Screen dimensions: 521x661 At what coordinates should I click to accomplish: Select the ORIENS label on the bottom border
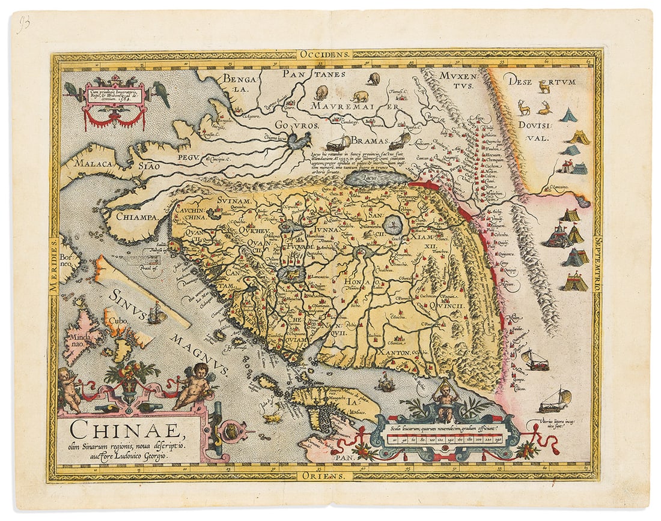pos(324,474)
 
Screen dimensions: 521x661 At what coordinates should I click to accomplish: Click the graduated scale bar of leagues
pos(444,439)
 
